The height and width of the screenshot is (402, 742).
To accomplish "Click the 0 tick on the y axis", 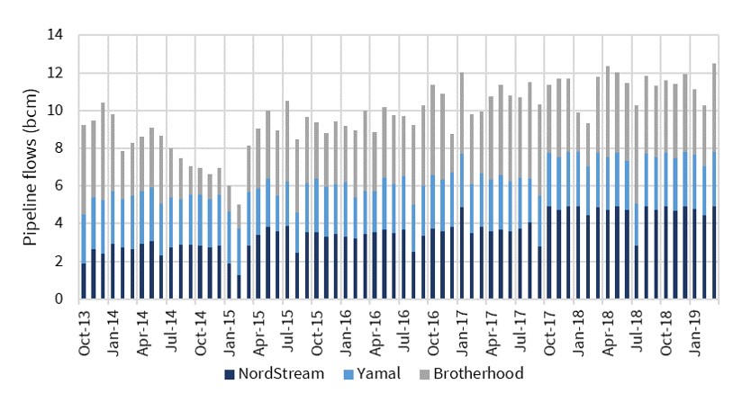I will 59,299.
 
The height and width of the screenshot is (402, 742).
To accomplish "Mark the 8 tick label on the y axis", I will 59,148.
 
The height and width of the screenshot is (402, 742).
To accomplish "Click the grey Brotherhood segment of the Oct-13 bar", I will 84,170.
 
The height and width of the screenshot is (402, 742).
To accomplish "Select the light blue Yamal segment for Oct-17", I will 549,180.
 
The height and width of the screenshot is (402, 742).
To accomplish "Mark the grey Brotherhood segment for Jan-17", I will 462,112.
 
